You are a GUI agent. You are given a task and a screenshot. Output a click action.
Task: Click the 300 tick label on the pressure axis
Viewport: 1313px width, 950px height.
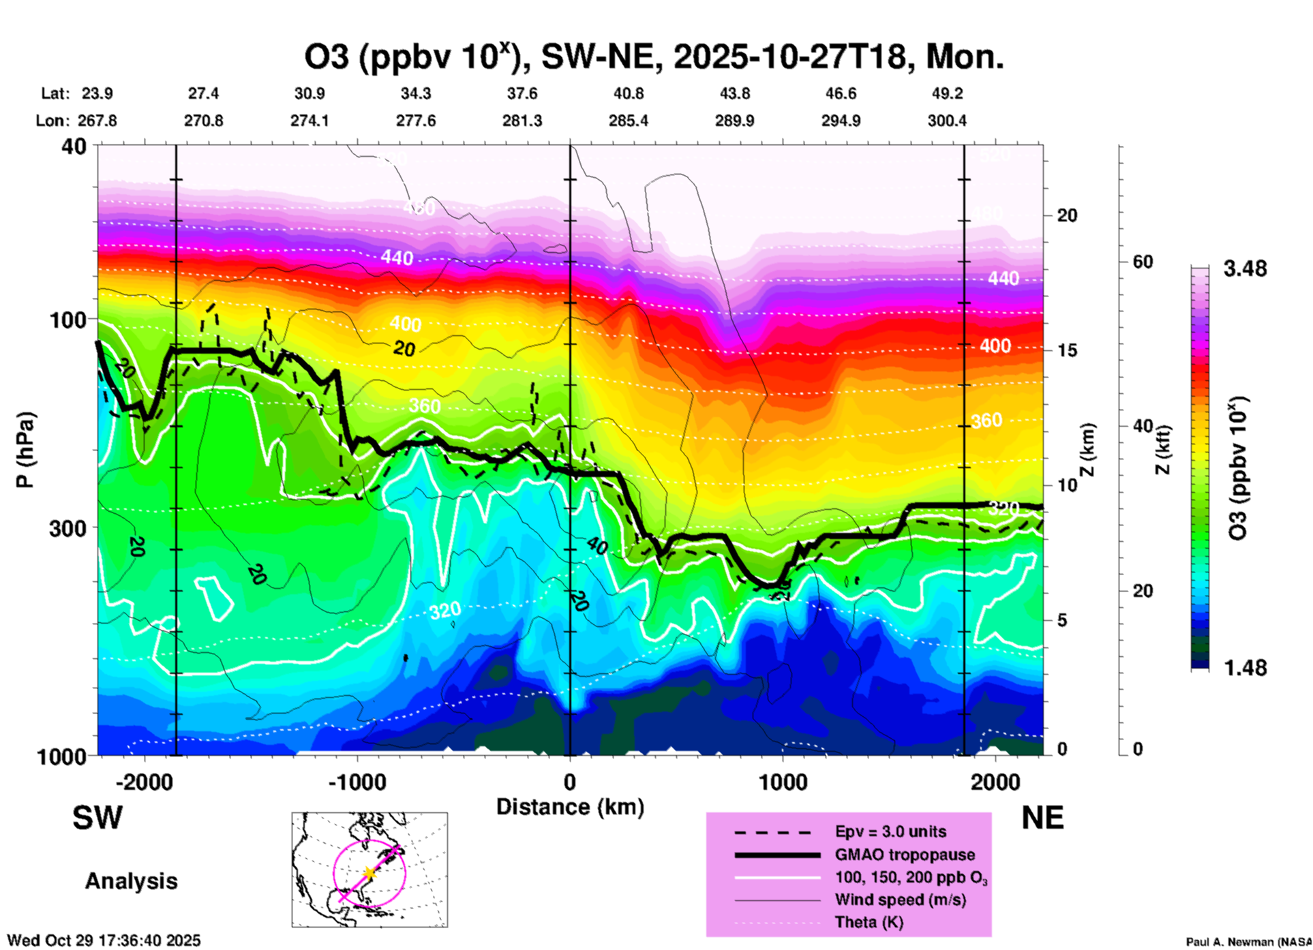coord(67,528)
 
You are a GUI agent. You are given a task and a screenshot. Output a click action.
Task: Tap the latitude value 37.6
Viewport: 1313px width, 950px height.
coord(522,93)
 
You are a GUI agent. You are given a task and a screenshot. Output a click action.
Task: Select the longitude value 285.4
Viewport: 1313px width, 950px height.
coord(628,121)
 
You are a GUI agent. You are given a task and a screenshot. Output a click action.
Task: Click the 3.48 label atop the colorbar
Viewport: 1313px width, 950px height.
coord(1245,269)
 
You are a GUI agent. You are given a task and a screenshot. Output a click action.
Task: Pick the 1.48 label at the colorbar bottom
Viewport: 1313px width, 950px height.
coord(1245,668)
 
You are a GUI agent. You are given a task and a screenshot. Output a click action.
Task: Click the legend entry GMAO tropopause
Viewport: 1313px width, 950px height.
coord(905,855)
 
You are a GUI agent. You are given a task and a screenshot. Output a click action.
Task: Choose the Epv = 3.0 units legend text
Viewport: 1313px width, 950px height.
coord(890,831)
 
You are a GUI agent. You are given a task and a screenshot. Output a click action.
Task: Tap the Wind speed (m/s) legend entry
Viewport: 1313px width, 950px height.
coord(900,900)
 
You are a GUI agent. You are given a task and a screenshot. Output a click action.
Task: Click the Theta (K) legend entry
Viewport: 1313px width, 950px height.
coord(869,923)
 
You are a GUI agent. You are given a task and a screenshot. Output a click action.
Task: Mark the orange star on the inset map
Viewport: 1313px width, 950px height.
coord(369,872)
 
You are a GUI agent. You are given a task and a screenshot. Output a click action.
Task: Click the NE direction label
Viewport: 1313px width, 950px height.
coord(1042,818)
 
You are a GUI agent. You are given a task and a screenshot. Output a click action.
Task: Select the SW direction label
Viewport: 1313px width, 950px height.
coord(97,818)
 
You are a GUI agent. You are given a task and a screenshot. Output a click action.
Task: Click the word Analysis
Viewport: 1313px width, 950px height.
coord(131,881)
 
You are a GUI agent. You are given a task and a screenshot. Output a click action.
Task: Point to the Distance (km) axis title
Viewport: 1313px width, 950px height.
coord(570,807)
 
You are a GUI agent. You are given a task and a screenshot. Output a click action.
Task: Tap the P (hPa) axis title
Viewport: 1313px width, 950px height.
coord(25,449)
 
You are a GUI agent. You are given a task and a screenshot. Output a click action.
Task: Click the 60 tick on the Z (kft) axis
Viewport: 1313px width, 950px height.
coord(1143,262)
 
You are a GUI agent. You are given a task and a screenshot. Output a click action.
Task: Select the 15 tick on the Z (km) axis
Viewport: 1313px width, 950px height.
coord(1067,350)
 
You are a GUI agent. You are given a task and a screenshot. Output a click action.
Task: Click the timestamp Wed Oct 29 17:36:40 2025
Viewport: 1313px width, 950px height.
coord(104,940)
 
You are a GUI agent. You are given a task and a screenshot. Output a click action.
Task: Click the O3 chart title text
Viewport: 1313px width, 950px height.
coord(654,57)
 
